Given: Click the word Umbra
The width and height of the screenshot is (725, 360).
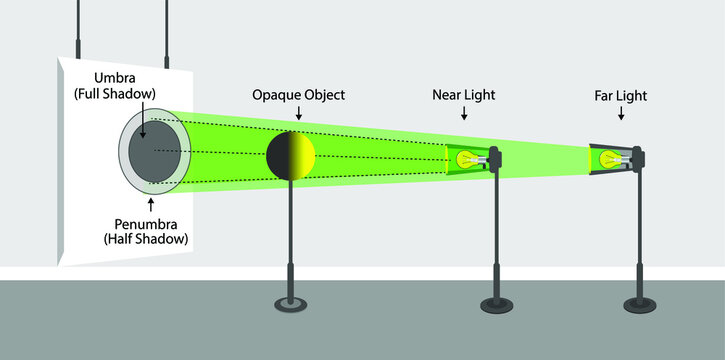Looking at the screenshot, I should tap(118, 77).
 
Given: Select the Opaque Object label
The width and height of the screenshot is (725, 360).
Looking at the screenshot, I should tap(298, 95).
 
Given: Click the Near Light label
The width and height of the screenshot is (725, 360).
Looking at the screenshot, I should tap(463, 95).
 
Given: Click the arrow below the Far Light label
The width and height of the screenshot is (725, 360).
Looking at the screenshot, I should tap(621, 114).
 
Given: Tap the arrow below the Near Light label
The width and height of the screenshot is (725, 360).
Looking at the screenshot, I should tap(463, 114).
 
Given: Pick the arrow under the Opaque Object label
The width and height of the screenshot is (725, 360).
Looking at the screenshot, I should tap(298, 114).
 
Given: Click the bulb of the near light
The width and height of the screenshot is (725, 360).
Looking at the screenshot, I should tap(465, 158).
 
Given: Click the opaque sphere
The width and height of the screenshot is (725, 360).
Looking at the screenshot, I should tap(291, 155).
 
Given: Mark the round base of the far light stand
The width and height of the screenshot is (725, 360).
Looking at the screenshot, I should tap(637, 302).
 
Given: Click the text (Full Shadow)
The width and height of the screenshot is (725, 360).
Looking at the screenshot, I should tap(119, 94).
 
